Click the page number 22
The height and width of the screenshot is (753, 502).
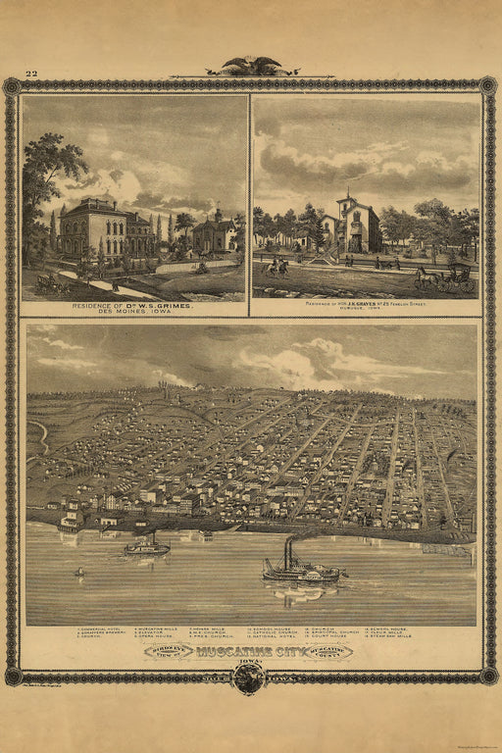(x=31, y=73)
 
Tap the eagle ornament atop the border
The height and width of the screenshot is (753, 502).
(x=250, y=67)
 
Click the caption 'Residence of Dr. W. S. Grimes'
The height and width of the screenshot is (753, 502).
(x=133, y=306)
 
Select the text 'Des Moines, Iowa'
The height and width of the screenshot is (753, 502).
(x=133, y=313)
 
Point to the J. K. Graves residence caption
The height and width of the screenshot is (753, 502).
(x=367, y=304)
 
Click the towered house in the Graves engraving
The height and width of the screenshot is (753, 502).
(x=355, y=226)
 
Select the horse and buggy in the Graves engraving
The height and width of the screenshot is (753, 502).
(x=446, y=278)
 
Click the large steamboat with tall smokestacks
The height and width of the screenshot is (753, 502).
(x=299, y=567)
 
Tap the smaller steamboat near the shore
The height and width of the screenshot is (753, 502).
(x=147, y=545)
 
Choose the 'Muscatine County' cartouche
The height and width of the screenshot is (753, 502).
(x=330, y=651)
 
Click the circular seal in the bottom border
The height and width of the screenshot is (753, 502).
(x=249, y=678)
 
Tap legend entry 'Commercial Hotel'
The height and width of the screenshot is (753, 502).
(x=103, y=628)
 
